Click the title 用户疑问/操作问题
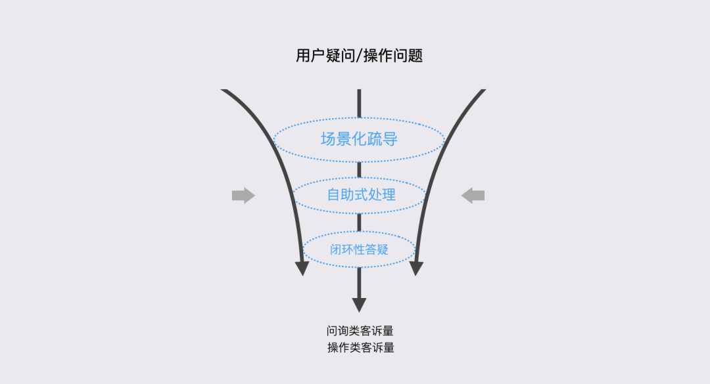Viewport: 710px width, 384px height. coord(359,56)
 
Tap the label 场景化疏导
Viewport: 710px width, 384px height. coord(359,139)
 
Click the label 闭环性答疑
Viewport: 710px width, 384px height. coord(359,249)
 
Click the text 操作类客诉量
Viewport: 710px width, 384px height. coord(360,348)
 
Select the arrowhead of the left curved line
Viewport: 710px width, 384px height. coord(302,268)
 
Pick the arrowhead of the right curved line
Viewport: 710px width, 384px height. coord(416,268)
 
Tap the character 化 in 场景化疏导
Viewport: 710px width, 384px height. coord(359,139)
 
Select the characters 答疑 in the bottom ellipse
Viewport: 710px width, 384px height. coord(378,249)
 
